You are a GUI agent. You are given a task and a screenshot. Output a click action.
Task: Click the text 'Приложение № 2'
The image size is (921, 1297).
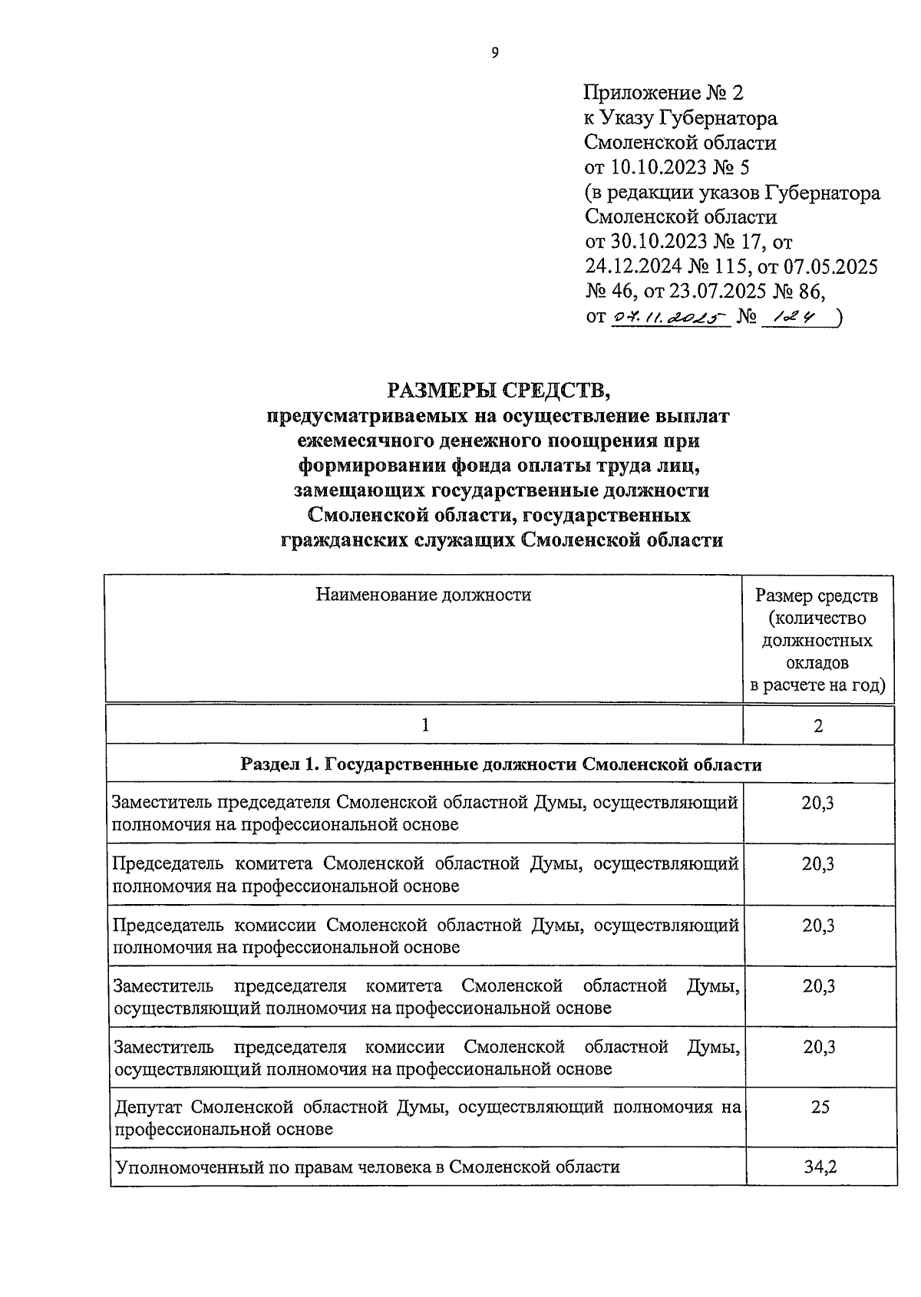tap(663, 94)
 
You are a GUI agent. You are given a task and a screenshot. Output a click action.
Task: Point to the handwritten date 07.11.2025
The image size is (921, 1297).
tap(668, 317)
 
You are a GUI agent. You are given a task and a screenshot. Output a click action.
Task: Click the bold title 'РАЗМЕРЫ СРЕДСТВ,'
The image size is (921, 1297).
tap(498, 391)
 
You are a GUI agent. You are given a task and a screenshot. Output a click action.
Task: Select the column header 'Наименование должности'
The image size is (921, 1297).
tap(424, 595)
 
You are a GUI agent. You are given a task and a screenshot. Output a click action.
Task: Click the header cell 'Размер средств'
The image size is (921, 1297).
tap(817, 596)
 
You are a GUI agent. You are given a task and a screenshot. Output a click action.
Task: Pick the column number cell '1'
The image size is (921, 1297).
tap(424, 725)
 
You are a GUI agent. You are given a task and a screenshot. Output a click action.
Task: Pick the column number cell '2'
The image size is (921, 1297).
tap(817, 726)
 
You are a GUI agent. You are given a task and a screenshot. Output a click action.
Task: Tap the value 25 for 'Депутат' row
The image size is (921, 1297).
tap(819, 1107)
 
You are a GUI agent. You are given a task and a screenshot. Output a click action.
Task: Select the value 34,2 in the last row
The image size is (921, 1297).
tap(819, 1167)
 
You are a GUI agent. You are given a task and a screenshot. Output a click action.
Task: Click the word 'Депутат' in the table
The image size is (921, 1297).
tap(149, 1107)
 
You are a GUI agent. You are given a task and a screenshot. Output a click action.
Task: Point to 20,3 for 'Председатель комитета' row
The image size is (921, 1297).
tap(818, 864)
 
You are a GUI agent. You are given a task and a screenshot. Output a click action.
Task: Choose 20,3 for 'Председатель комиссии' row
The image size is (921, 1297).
tap(818, 926)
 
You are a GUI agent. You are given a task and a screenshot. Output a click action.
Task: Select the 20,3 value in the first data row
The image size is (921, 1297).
tap(818, 803)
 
